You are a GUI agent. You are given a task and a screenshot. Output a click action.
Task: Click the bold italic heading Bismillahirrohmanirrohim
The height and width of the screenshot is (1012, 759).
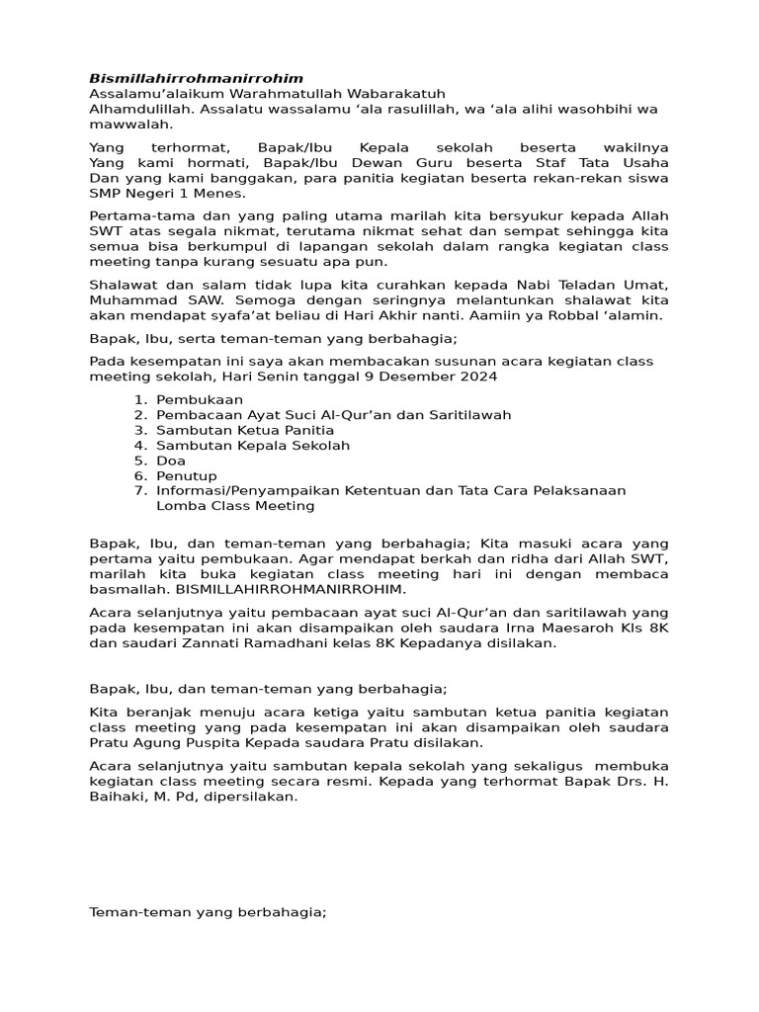pyautogui.click(x=196, y=78)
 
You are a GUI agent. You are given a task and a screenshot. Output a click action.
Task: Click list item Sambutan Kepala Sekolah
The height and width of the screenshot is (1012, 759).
pyautogui.click(x=253, y=446)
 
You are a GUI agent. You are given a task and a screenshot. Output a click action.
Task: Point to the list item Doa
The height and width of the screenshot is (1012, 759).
pyautogui.click(x=171, y=461)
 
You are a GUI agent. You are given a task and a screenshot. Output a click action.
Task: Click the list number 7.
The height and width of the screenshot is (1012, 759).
pyautogui.click(x=137, y=490)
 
